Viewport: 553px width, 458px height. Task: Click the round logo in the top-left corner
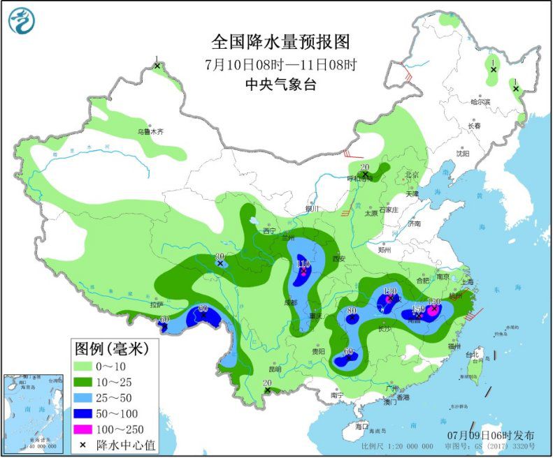coord(22,20)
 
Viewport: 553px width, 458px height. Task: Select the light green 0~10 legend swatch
coord(89,366)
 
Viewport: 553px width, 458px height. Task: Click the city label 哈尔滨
coord(480,102)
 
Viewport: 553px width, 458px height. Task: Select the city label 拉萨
coord(155,304)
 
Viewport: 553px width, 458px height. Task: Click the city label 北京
coord(411,175)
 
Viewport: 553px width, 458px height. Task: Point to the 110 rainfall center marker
coord(303,271)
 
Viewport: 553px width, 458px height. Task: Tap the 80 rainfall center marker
coord(352,318)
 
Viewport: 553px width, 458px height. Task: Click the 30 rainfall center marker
coord(220,264)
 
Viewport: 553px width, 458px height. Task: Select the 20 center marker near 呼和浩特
coord(364,175)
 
